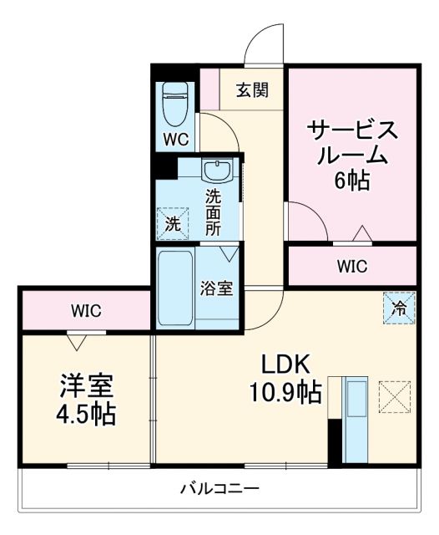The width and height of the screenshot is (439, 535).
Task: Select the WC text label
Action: click(176, 138)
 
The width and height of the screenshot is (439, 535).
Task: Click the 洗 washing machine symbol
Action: click(171, 223)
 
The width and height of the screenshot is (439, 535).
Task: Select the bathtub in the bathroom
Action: click(176, 288)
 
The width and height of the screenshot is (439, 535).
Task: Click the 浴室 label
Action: click(217, 289)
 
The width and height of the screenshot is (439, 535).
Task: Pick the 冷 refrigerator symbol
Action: click(399, 307)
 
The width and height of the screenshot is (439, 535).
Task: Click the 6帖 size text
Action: click(351, 180)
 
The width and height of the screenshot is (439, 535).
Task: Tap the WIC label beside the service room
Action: click(351, 267)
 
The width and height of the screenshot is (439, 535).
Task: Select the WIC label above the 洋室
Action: click(85, 311)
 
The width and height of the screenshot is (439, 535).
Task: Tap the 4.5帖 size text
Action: click(87, 412)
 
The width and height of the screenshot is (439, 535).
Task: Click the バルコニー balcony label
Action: click(219, 488)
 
